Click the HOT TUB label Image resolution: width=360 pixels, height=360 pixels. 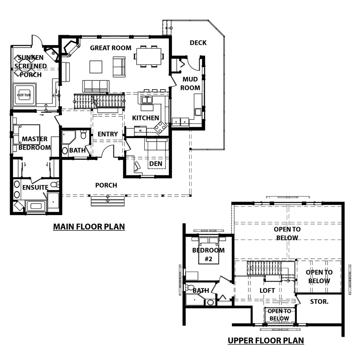pos(24,95)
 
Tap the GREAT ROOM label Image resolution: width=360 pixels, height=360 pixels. pos(111,48)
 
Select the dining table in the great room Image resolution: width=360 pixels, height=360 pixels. pos(149,56)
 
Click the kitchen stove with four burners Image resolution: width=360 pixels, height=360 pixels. pos(160,127)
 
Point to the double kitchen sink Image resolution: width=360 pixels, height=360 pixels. pos(146,100)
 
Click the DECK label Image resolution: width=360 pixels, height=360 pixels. pos(198,43)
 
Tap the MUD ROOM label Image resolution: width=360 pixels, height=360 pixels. pos(190,84)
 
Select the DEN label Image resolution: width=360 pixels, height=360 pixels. pos(156,164)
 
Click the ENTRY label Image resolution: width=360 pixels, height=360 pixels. pos(108,134)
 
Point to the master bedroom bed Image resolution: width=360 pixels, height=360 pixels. pos(27,134)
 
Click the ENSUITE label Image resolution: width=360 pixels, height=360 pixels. pos(35,187)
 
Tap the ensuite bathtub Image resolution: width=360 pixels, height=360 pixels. pos(36,206)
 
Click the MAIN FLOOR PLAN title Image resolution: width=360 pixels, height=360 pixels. pos(89,227)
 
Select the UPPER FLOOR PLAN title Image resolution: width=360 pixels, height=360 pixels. pos(266,340)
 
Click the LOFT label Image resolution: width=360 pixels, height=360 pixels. pos(267,290)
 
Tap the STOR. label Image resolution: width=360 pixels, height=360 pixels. pos(319,302)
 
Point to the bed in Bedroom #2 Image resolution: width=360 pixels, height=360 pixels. pos(209,251)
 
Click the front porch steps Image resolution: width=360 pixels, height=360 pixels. pos(108,201)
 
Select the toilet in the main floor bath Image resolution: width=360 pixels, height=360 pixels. pos(83,134)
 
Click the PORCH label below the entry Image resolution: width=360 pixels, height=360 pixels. pos(106,185)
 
